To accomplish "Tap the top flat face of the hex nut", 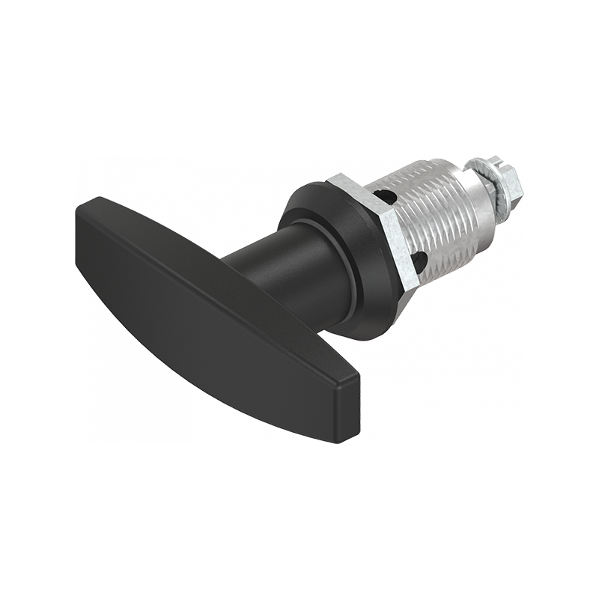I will point(352,184).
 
